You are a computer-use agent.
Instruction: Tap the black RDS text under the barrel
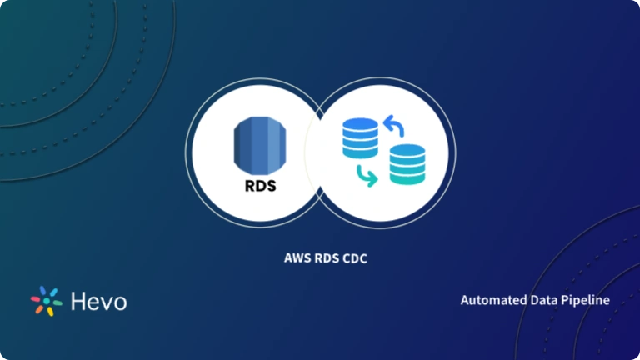[256, 187]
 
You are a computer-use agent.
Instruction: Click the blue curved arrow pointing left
[393, 127]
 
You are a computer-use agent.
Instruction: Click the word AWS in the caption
[297, 259]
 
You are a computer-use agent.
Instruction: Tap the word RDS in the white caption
[326, 259]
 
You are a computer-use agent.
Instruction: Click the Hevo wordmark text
[98, 301]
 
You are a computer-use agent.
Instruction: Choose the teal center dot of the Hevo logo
[46, 302]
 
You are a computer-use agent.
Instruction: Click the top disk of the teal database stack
[407, 151]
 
